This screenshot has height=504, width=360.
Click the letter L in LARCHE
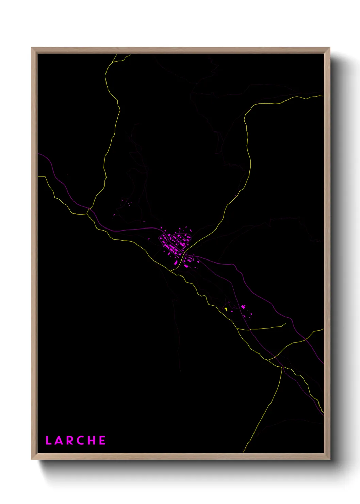point(48,440)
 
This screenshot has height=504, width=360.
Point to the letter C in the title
point(81,440)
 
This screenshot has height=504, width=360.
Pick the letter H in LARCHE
point(92,440)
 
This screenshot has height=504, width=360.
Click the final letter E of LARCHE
point(102,440)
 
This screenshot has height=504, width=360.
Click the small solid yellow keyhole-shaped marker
point(226,309)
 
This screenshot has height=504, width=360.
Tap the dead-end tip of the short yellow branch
point(285,324)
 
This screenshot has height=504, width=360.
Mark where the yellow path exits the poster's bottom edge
point(243,452)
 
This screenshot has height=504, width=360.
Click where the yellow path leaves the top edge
point(116,54)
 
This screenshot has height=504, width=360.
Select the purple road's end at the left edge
point(38,154)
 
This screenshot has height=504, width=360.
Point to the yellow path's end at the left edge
point(38,176)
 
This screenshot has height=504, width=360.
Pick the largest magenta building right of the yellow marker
point(243,307)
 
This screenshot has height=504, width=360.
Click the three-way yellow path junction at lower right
point(282,367)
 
